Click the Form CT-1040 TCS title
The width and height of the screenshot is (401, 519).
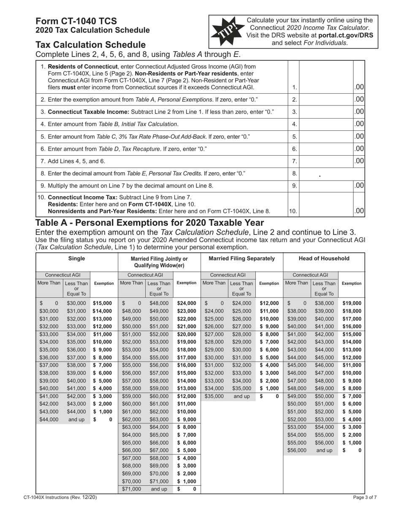click(x=76, y=21)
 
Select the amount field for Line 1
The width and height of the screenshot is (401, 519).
click(x=325, y=86)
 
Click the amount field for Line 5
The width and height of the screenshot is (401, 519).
click(x=325, y=137)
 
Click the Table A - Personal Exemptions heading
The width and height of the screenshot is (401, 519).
click(x=150, y=223)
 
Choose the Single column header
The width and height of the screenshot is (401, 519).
click(x=77, y=259)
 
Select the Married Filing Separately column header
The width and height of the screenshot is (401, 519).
click(x=242, y=259)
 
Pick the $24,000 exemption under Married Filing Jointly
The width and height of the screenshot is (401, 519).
click(x=187, y=303)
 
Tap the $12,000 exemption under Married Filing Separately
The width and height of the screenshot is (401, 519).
click(x=269, y=303)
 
